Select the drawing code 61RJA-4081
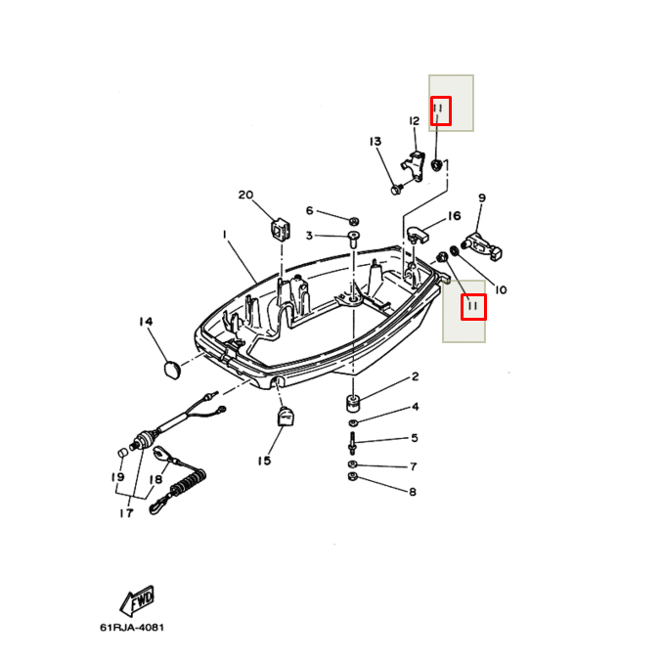(x=138, y=628)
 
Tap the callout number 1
(x=224, y=235)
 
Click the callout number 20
(x=245, y=196)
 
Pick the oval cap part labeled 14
(x=172, y=369)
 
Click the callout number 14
(x=146, y=323)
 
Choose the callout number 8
(x=413, y=492)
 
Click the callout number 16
(x=454, y=216)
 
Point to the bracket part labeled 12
(x=416, y=162)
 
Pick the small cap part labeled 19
(x=123, y=453)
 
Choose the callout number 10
(x=501, y=289)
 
